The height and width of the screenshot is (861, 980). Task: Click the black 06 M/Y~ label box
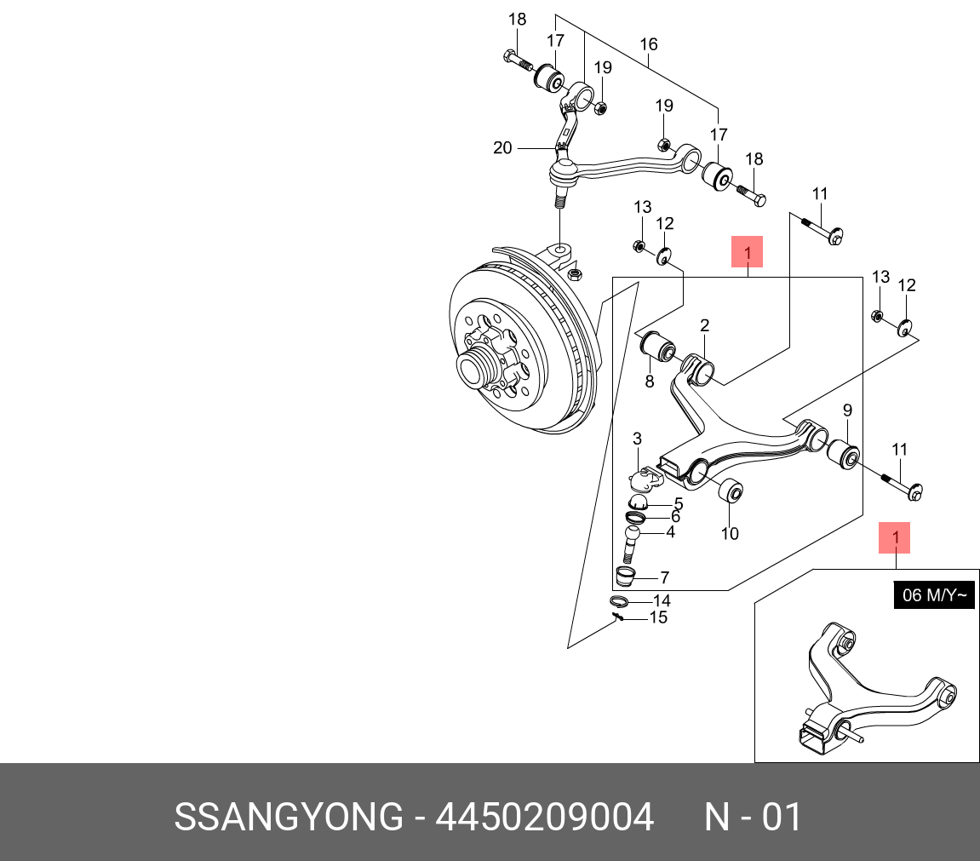click(932, 595)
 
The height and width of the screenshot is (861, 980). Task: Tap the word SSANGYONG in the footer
click(289, 818)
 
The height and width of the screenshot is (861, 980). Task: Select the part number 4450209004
click(545, 818)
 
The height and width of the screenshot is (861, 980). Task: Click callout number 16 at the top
click(649, 44)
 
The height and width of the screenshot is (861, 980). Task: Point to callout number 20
click(502, 148)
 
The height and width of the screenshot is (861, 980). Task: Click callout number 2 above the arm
click(705, 325)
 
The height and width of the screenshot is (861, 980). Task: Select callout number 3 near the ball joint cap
click(636, 439)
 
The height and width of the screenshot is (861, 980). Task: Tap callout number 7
click(664, 577)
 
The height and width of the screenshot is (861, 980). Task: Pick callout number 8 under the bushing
click(650, 382)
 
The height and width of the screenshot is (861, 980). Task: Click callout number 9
click(847, 411)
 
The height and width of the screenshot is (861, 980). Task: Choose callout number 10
click(730, 534)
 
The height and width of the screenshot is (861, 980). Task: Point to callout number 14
click(662, 601)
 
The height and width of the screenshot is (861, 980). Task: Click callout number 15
click(658, 617)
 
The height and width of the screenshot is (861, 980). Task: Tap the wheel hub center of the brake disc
click(471, 369)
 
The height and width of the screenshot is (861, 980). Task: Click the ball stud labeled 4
click(632, 542)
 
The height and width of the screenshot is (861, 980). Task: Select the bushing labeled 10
click(732, 492)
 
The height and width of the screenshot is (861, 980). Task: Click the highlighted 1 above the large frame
click(747, 252)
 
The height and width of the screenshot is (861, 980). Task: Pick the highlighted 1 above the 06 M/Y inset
click(895, 537)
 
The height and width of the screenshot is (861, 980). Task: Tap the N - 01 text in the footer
click(753, 818)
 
